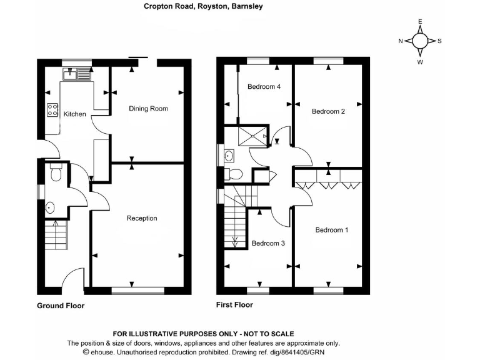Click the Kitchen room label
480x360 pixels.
click(x=74, y=114)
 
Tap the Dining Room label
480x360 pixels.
click(x=148, y=109)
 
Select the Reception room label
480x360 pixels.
click(x=142, y=218)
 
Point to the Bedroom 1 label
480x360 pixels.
click(x=331, y=230)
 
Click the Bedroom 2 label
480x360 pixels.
click(x=328, y=112)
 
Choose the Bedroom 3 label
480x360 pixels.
click(x=268, y=243)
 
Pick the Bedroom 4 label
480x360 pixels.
click(x=263, y=87)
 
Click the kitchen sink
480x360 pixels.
click(x=76, y=76)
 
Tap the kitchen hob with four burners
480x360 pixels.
click(x=52, y=109)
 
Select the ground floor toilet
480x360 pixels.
click(x=55, y=172)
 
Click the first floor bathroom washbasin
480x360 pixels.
click(x=229, y=155)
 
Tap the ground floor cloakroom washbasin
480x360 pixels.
click(x=50, y=207)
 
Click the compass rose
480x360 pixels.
click(x=421, y=41)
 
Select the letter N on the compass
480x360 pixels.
click(x=401, y=41)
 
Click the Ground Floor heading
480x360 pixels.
click(x=61, y=306)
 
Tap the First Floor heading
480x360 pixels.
click(x=234, y=305)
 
